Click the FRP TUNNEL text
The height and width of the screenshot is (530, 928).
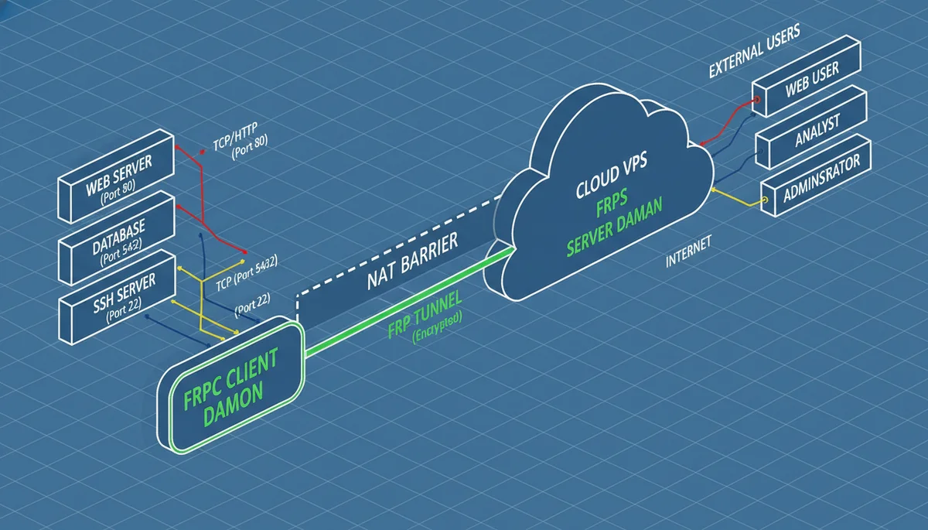tap(425, 314)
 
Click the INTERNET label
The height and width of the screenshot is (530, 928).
tap(688, 255)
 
